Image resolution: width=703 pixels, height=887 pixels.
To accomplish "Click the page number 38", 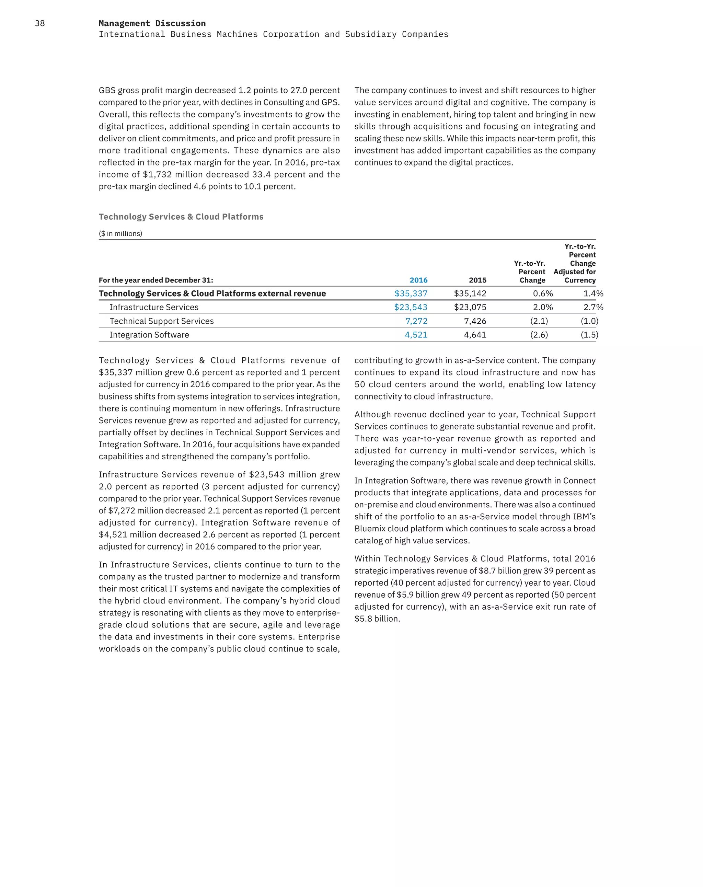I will click(40, 23).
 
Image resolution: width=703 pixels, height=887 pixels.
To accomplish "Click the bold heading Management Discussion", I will click(152, 23).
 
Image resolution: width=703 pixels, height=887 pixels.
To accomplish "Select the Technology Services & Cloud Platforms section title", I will click(181, 217).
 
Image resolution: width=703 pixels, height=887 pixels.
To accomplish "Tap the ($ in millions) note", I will click(120, 234).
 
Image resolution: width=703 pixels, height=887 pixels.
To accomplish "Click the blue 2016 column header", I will click(418, 280).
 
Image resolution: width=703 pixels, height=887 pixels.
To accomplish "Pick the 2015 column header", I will click(477, 280).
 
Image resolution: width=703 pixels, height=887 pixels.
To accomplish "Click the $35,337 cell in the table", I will click(411, 293).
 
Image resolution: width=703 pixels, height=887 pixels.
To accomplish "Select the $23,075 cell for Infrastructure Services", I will click(470, 307).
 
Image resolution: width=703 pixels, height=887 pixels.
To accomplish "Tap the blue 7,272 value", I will click(416, 321).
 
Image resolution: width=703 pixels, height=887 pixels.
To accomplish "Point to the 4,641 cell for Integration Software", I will click(475, 335).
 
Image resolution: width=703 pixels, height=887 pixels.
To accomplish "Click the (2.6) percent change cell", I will click(539, 335).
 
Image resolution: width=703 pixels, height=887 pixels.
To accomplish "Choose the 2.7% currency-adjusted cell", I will click(593, 307).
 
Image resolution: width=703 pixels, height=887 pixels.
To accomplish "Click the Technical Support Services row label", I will click(161, 321).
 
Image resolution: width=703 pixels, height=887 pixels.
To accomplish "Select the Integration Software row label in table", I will click(149, 335).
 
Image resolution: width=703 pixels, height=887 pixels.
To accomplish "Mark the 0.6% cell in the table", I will click(543, 293).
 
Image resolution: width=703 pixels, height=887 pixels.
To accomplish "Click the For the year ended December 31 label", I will click(155, 280).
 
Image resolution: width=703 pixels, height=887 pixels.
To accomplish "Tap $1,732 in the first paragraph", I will click(157, 174).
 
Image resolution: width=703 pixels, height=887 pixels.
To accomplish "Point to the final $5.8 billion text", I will click(377, 619).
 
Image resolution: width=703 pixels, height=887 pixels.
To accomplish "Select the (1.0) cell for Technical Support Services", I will click(589, 321).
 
